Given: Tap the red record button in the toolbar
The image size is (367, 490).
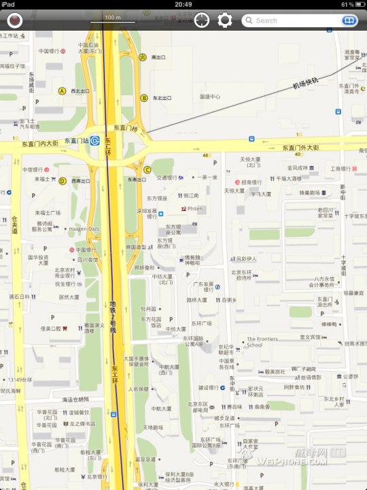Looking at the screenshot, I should pos(14,20).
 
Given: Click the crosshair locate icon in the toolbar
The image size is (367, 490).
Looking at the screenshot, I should pos(202,20).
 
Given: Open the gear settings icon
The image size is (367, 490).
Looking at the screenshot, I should pos(225,20).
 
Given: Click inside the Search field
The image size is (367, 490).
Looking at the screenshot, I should pos(292,20).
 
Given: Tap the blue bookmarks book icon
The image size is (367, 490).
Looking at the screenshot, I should pos(349,20).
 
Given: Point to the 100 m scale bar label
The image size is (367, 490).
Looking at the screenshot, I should pos(113,16).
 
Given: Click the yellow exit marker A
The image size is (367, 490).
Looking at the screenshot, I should pos(62,91).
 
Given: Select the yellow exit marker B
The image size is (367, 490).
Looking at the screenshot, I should pos(144,98).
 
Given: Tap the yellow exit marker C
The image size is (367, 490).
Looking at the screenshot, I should pos(147,169).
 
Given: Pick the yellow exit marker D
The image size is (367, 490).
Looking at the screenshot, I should pos(62,181).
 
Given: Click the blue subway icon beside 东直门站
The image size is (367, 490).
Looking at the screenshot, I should pos(96,141).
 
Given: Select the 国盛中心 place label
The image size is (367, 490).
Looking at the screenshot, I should pos(210,97).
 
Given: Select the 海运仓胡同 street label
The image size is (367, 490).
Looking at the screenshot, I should pos(76,399).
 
